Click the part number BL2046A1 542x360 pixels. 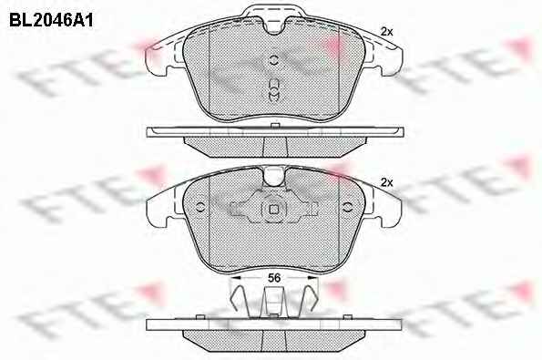51,20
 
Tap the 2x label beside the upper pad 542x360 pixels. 387,32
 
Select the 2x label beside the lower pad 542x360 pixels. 387,182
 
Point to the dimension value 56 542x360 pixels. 274,278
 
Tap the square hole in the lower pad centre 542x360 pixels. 274,210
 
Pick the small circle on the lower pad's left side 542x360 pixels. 200,207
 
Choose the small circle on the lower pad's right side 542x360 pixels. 347,207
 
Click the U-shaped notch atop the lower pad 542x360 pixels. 274,177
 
